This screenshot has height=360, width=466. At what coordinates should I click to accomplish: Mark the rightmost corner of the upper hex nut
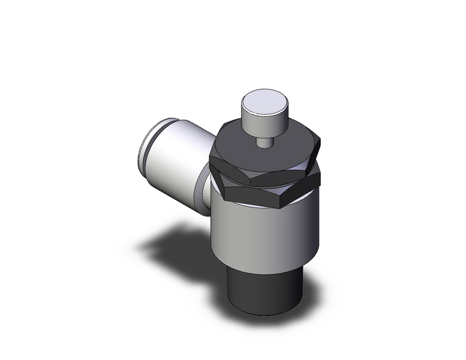tap(320, 138)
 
